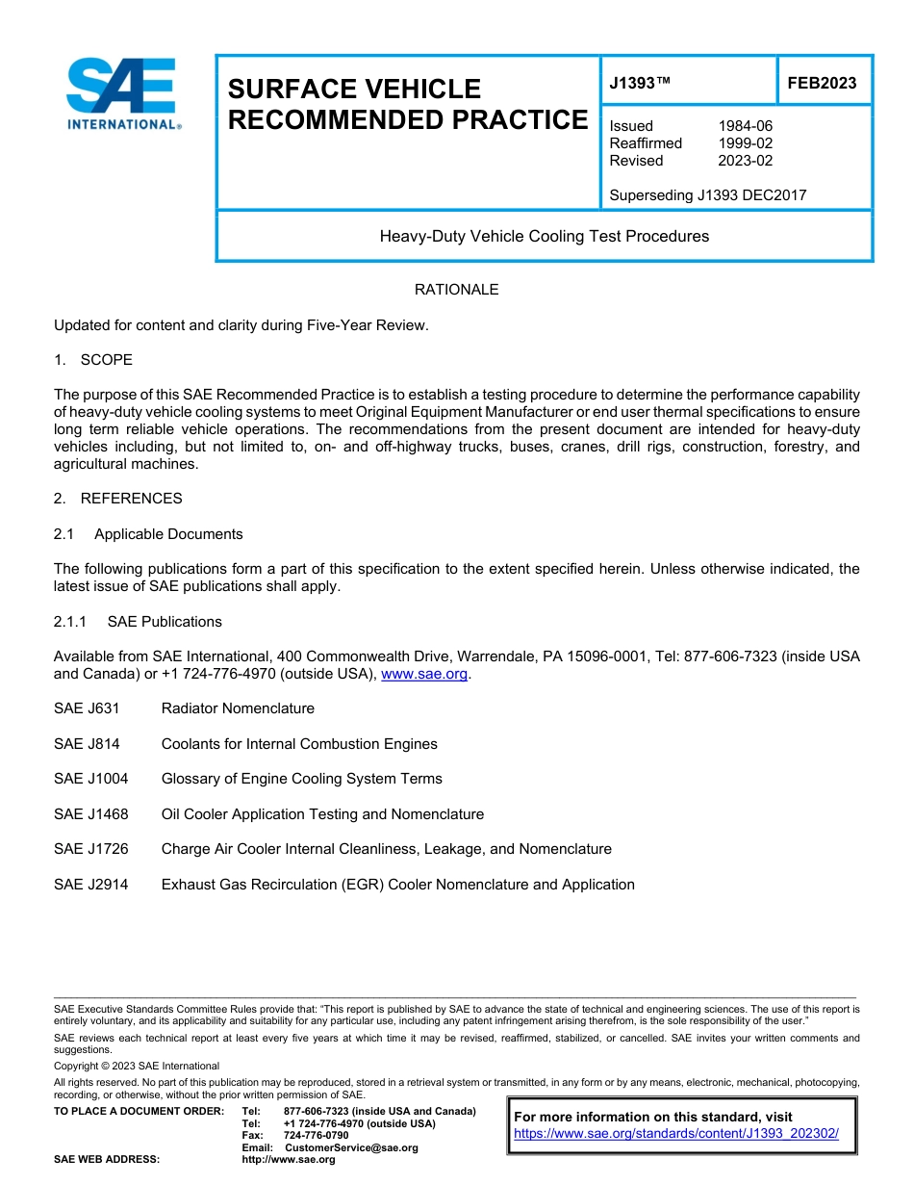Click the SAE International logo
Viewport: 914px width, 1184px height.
(x=123, y=92)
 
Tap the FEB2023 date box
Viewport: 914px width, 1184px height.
(x=822, y=84)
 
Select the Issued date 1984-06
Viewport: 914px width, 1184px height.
(x=745, y=126)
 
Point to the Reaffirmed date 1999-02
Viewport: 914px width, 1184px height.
(x=745, y=143)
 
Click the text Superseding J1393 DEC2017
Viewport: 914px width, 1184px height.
(x=707, y=195)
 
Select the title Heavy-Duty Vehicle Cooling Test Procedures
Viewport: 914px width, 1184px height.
(x=544, y=236)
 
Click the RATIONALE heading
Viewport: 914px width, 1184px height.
(x=456, y=290)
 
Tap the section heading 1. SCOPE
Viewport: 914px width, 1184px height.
(x=93, y=360)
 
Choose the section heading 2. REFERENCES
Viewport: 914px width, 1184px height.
(x=117, y=499)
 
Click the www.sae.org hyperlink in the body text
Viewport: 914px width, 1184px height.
(x=424, y=675)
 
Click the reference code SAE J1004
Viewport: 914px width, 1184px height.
(x=91, y=779)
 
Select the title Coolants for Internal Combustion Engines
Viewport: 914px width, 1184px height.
(x=299, y=744)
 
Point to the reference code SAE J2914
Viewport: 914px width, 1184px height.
(x=91, y=885)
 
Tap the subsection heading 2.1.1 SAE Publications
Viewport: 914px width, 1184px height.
(x=138, y=622)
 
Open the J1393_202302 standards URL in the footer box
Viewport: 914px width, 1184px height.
(x=676, y=1134)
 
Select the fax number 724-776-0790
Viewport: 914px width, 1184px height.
(x=316, y=1135)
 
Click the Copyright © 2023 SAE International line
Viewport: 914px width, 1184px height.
(x=137, y=1066)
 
